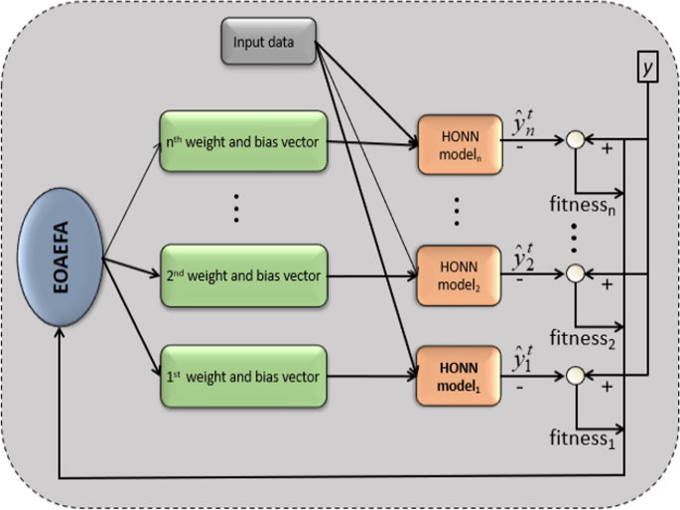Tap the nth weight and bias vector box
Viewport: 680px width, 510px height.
242,141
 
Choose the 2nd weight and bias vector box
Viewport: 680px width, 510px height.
242,275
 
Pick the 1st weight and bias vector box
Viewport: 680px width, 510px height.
242,377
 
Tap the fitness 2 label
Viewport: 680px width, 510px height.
583,341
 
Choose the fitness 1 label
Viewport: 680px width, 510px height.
583,438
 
